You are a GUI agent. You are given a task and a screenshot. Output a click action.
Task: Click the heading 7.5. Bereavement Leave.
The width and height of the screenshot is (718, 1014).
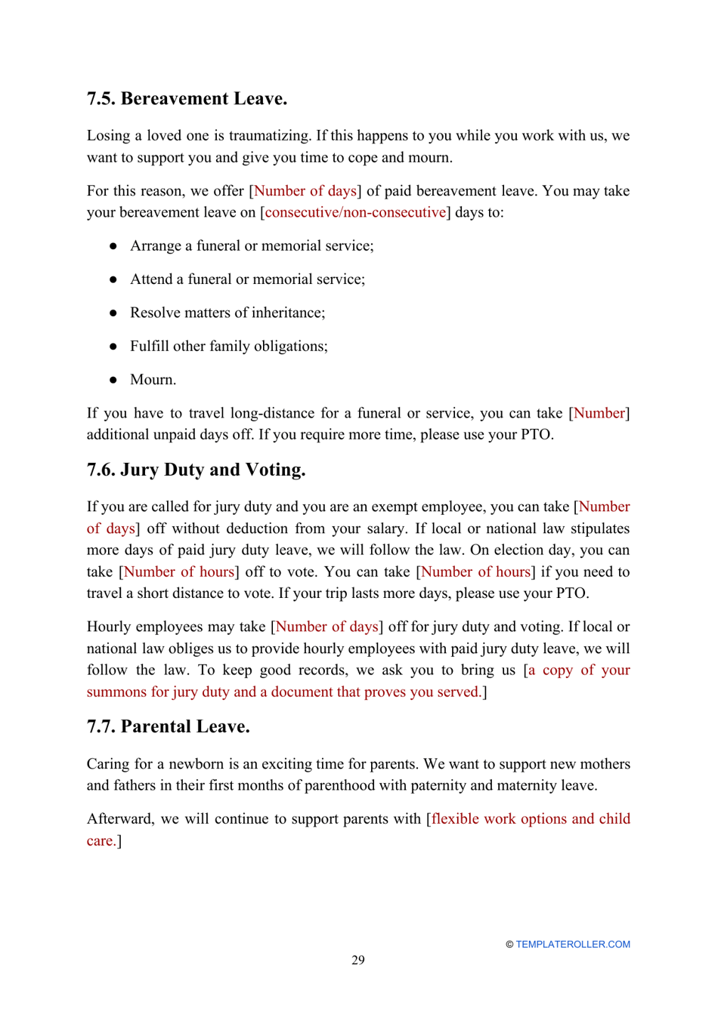tap(187, 99)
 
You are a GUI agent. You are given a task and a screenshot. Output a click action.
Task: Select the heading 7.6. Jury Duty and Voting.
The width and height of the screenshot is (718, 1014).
tap(196, 470)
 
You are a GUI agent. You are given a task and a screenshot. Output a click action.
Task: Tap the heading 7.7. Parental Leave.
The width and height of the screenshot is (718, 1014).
tap(168, 726)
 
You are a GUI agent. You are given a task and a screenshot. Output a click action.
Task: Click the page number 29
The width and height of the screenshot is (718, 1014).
tap(357, 960)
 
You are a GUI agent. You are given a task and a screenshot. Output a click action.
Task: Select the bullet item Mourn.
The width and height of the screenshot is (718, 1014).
tap(153, 380)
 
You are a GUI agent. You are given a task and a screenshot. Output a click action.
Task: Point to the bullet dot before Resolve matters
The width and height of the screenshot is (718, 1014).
tap(113, 313)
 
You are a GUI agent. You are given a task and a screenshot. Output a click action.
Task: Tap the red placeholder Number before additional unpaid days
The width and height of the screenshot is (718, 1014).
tap(599, 413)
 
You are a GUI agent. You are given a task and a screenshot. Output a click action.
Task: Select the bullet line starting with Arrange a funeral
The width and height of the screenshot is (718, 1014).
tap(251, 246)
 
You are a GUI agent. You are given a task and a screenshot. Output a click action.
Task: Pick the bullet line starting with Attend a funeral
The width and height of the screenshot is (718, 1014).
tap(247, 279)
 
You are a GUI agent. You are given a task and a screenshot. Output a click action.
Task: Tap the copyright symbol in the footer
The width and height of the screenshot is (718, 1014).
tap(509, 945)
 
